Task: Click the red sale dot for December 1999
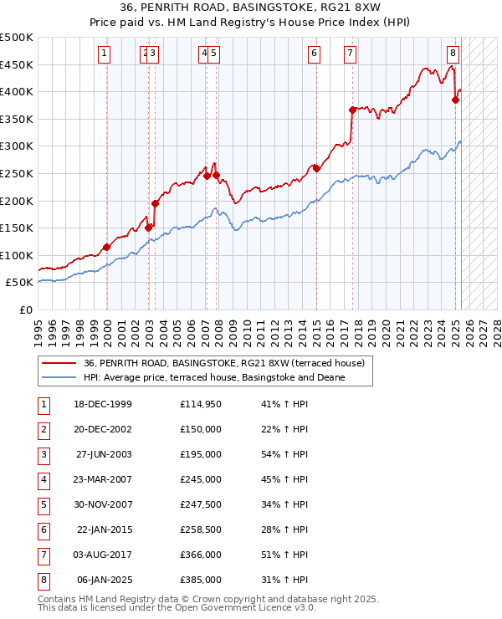(107, 247)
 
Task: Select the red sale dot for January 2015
(317, 168)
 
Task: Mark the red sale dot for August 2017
(352, 109)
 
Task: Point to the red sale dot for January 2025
(456, 100)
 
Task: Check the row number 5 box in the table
(43, 504)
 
